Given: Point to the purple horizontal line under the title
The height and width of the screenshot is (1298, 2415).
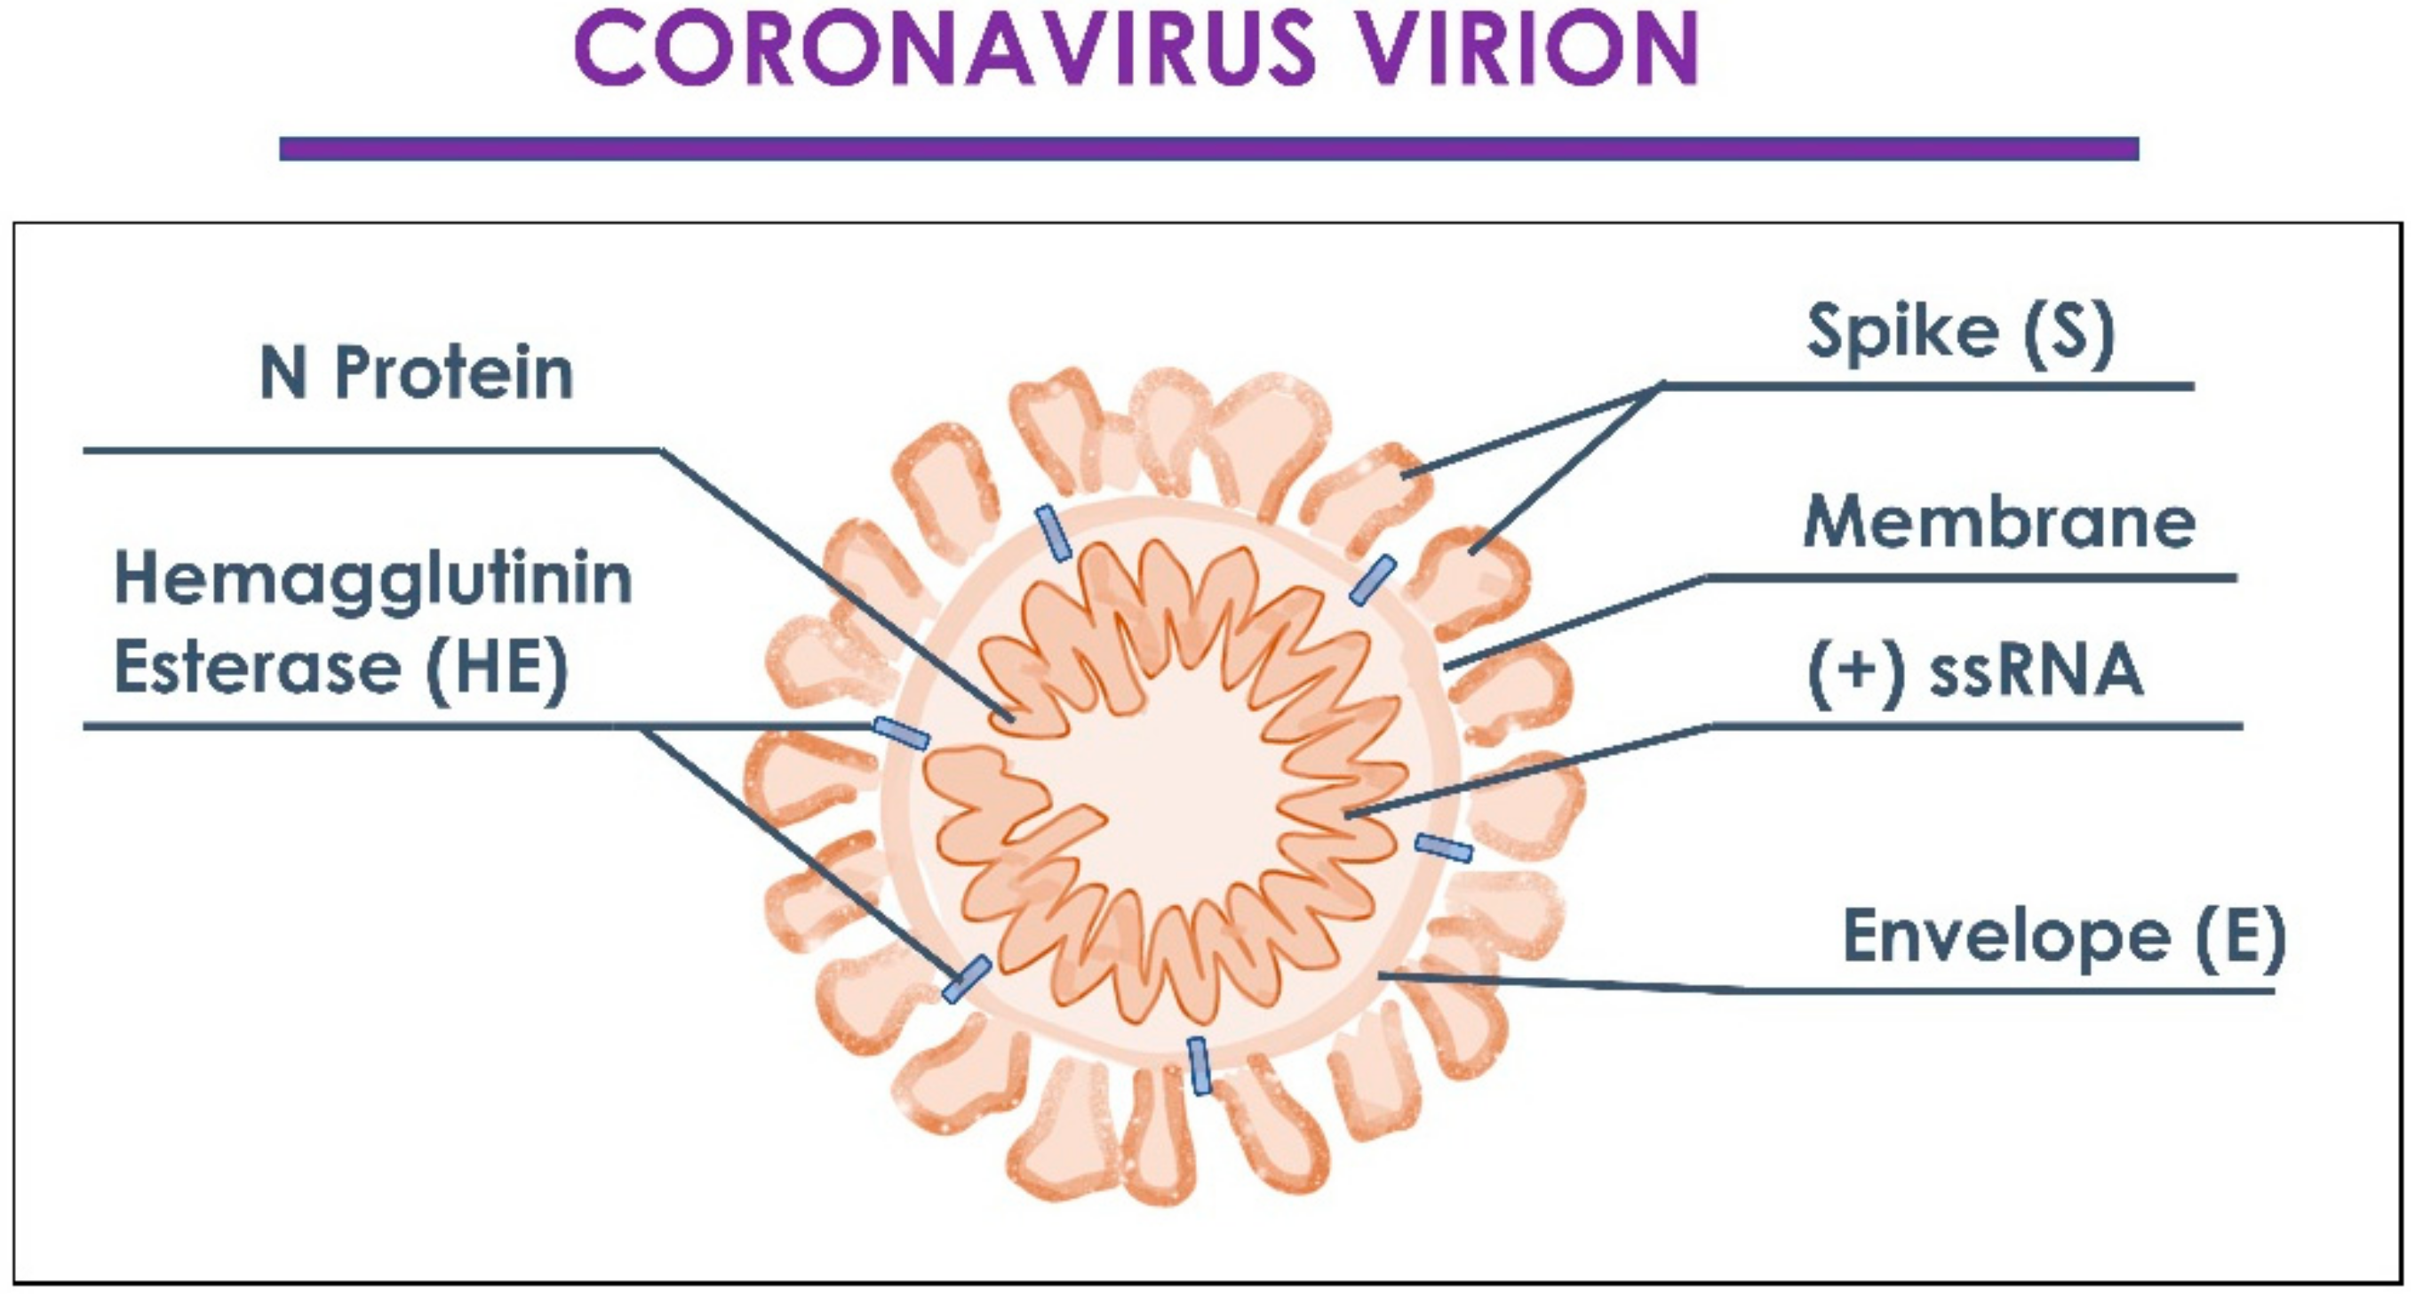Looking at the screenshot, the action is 1209,148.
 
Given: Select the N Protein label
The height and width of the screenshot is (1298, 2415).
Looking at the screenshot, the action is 416,373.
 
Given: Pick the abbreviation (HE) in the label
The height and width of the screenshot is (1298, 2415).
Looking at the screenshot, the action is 497,668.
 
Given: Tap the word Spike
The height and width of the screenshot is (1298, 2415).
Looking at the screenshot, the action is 1902,333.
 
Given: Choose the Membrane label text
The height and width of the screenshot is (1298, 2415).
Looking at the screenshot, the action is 2000,522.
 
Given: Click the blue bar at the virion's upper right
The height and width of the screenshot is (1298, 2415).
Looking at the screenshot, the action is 1374,580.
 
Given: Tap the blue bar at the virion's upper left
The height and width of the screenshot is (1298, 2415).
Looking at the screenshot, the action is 1053,533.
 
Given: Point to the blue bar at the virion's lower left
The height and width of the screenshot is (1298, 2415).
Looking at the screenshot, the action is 967,978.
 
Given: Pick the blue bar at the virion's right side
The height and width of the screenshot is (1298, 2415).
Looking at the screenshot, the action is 1444,848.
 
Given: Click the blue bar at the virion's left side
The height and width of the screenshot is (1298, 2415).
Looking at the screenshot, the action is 901,733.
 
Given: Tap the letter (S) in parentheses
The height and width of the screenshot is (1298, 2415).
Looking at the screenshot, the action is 2069,333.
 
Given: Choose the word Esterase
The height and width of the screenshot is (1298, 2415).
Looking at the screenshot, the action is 258,668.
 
